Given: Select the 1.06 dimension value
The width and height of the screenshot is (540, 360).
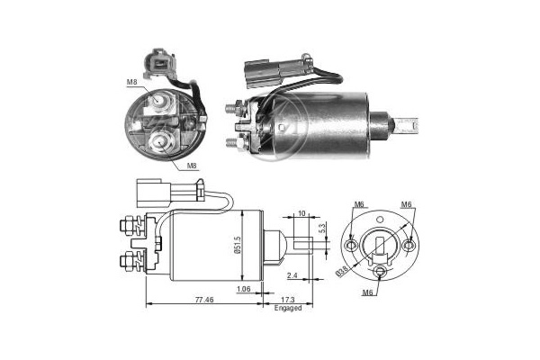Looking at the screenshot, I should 243,289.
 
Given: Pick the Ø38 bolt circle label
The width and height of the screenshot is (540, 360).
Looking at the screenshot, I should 344,267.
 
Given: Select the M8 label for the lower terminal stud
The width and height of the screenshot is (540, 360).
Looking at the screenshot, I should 191,166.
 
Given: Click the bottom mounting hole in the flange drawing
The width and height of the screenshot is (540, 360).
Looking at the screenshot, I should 381,274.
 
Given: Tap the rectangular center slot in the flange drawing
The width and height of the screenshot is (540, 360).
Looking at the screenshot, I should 381,243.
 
